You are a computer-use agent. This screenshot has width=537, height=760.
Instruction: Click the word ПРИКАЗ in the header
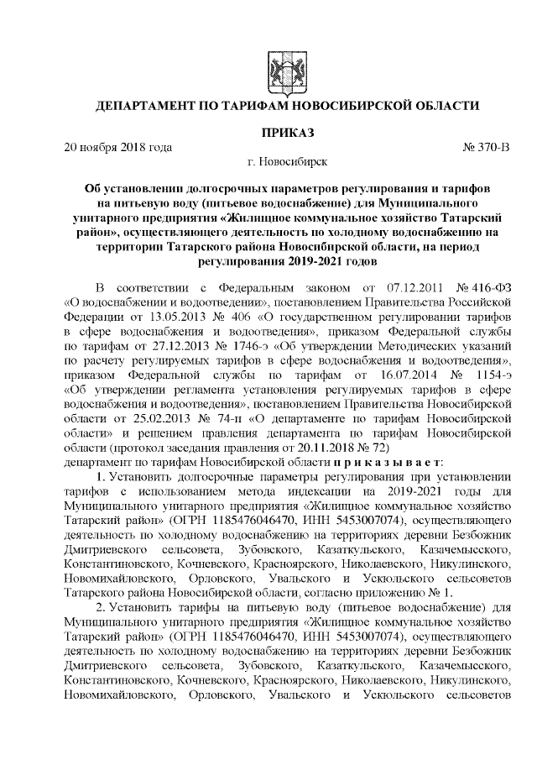point(287,132)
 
